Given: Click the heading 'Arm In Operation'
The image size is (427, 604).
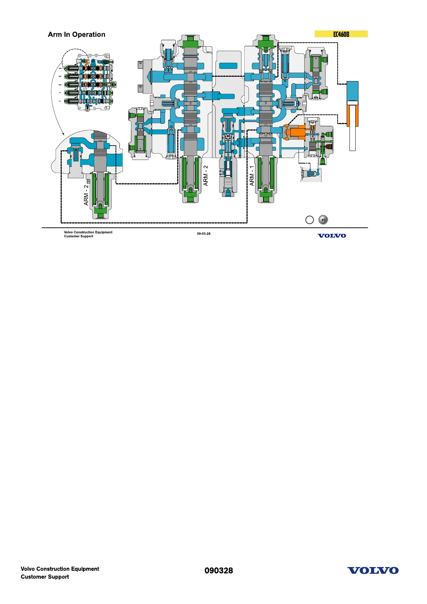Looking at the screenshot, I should coord(76,34).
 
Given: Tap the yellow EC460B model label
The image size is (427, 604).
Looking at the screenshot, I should coord(341,34).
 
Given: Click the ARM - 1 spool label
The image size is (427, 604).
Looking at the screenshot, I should coord(252,176).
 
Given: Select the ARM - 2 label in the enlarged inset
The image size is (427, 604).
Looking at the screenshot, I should coord(86,195).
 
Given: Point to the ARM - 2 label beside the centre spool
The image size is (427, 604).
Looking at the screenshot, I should coord(206,175).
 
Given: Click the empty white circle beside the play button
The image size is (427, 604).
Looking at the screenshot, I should coord(309,220).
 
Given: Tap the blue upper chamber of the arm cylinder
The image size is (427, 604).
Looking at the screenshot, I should coord(352,91).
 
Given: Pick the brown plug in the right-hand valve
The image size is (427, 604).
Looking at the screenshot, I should coord(328,146).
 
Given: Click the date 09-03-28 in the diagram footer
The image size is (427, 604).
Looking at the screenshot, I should coord(203,234).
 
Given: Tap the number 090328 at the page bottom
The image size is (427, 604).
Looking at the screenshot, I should coord(219,571).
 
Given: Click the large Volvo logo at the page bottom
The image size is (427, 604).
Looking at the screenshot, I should coord(373,571).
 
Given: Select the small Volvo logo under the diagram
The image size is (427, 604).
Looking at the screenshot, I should coord(332,236).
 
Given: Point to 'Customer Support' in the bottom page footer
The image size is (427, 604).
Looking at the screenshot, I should coord(45,577).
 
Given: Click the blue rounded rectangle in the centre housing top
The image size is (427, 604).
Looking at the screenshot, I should coord(228,66).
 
